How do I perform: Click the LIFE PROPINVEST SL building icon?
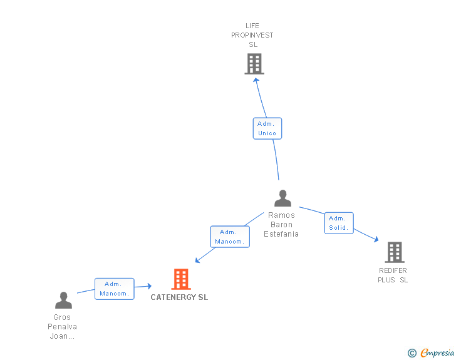(x=254, y=64)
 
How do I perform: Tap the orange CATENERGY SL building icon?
(x=181, y=279)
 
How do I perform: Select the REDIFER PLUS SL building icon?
(x=394, y=252)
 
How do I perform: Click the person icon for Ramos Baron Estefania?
(x=283, y=198)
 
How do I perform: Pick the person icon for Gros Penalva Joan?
(x=63, y=301)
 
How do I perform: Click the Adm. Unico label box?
(x=267, y=128)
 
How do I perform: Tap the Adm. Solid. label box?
(x=339, y=223)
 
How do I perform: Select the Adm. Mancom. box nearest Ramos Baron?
(x=230, y=237)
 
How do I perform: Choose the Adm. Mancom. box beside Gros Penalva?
(x=115, y=289)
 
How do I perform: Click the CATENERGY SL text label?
(x=179, y=297)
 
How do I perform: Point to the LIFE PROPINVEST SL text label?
(x=252, y=35)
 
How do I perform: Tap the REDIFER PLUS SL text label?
(x=393, y=275)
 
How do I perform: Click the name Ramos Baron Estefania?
(x=281, y=225)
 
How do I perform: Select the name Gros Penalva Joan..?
(x=62, y=327)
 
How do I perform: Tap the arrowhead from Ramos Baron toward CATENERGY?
(x=198, y=260)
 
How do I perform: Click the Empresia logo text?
(x=437, y=353)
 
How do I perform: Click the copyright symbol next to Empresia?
(x=412, y=353)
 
